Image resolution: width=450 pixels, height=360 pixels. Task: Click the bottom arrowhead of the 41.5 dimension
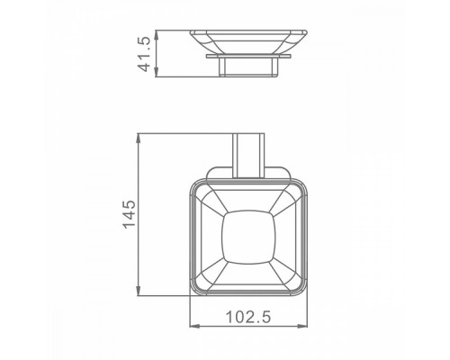coord(157,73)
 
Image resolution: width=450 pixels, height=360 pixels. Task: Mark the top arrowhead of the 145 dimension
coord(138,138)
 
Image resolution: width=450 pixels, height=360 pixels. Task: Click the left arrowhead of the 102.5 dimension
coord(193,328)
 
